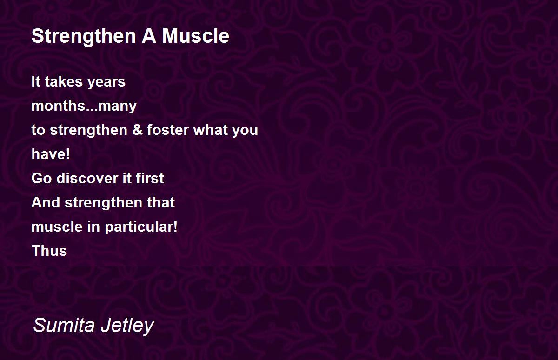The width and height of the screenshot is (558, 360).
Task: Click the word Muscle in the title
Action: coord(196,36)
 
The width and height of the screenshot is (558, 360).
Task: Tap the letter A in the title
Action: coord(149,36)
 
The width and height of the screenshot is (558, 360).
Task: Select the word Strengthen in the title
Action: coord(84,37)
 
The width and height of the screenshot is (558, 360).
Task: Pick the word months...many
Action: coord(84,107)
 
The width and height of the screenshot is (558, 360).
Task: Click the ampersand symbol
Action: coord(137,130)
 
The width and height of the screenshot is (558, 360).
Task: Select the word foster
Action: coord(168,130)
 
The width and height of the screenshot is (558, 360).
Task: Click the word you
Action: coord(245,131)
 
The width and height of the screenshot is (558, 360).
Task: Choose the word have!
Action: coord(51,154)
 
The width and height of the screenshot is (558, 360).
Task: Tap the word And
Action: coord(46,202)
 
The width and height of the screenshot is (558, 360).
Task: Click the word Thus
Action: coord(49,251)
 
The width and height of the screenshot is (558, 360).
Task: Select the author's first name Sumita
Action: coord(64,325)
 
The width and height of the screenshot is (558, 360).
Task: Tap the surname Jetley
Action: coord(127,326)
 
